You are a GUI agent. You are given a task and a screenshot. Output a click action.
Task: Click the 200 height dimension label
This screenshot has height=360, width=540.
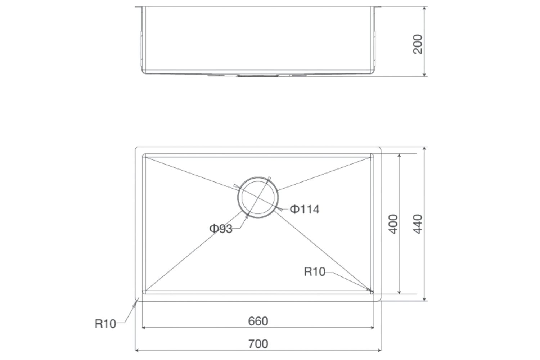(x=418, y=44)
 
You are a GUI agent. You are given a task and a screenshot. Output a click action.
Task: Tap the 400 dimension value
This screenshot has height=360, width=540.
(x=394, y=224)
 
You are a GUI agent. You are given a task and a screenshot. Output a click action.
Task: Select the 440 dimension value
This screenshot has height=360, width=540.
(x=418, y=224)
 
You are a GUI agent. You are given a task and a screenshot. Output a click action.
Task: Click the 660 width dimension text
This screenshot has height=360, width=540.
(x=258, y=321)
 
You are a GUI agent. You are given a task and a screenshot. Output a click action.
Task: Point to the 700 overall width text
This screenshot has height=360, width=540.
(x=258, y=344)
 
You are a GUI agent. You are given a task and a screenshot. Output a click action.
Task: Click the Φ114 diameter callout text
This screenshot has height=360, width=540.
(x=305, y=209)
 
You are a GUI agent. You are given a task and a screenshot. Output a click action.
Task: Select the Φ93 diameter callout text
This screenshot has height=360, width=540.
(x=220, y=229)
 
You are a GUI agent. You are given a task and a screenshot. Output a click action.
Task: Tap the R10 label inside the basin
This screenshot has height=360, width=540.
(x=314, y=271)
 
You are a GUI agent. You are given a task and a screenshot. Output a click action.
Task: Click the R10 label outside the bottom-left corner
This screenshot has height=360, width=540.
(x=105, y=324)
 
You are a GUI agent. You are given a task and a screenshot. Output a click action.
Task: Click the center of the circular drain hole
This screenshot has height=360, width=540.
(x=258, y=197)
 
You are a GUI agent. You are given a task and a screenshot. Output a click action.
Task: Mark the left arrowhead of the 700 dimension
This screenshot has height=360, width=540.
(x=137, y=350)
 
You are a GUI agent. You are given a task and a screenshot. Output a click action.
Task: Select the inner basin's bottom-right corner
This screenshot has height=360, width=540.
(x=373, y=293)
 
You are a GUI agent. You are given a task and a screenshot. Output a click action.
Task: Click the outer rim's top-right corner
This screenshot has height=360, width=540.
(x=380, y=148)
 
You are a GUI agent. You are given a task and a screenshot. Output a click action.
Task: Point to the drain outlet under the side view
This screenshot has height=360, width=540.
(x=258, y=76)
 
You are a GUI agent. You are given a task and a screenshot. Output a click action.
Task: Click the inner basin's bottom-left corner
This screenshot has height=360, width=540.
(x=144, y=293)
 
